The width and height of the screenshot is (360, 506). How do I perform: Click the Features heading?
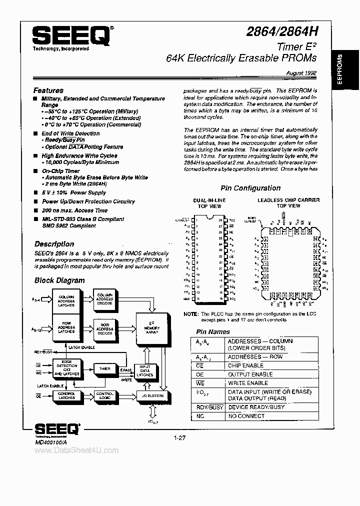[48, 90]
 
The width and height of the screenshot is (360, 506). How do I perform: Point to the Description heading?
[54, 244]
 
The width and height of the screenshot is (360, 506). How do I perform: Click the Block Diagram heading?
[59, 280]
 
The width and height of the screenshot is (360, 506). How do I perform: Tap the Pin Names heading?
[213, 331]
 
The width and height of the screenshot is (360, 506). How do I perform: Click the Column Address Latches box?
[66, 301]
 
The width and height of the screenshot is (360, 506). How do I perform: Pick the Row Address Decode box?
[105, 328]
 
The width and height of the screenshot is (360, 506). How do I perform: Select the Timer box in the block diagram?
[104, 368]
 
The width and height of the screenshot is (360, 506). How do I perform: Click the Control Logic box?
[105, 395]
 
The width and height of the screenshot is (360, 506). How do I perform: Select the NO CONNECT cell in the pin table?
[246, 415]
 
